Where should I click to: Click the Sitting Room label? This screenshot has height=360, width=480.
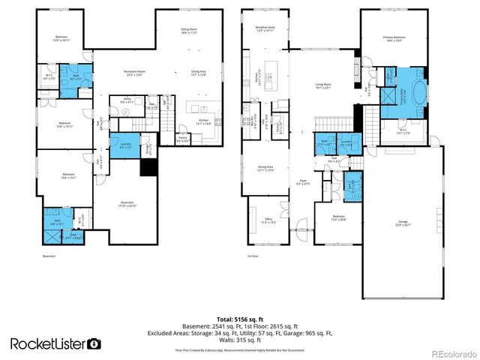coord(188,31)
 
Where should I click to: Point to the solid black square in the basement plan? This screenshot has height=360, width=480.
coord(149,169)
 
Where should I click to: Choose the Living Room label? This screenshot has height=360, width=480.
coord(322,85)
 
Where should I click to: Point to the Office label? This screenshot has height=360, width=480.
coord(268,221)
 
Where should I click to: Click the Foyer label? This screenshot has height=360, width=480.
coord(306,181)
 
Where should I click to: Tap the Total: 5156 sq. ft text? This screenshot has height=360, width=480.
coord(239,319)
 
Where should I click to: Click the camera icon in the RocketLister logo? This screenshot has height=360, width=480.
coord(94,344)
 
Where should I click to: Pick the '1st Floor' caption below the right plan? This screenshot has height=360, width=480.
coord(253,256)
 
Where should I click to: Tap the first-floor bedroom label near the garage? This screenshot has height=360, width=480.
coord(340,218)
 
